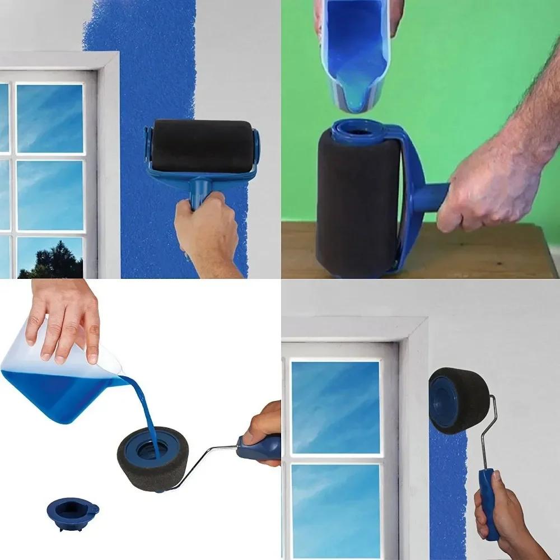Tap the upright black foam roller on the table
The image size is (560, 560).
click(x=356, y=207)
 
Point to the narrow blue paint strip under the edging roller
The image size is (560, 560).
click(x=448, y=493)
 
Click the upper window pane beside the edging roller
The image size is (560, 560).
click(x=335, y=407)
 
